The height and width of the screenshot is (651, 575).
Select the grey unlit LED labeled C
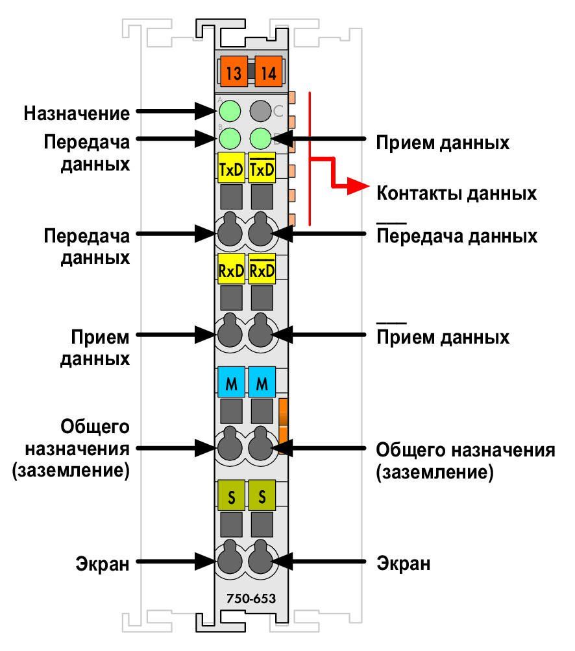tap(260, 112)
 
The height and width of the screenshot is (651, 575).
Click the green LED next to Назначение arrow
tap(230, 112)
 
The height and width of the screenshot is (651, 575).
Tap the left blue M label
tap(231, 382)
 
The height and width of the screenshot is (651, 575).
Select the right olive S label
tap(262, 495)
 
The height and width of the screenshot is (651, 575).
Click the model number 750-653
tap(251, 598)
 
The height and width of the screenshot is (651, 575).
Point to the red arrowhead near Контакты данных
tap(358, 185)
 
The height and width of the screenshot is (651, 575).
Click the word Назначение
tap(77, 113)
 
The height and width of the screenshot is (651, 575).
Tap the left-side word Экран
tap(102, 564)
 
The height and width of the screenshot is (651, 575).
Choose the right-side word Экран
tap(404, 563)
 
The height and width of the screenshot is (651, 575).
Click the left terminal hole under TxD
tap(230, 230)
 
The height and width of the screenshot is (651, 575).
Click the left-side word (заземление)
tap(71, 470)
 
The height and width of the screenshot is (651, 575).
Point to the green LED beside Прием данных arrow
tap(260, 138)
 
